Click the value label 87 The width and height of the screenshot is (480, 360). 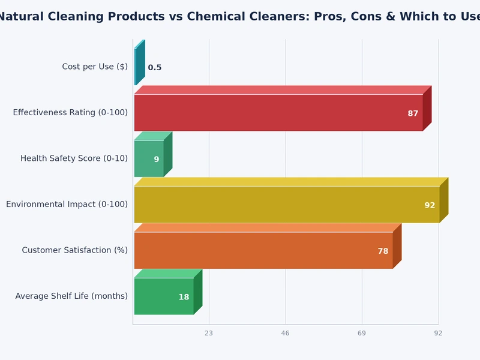(413, 113)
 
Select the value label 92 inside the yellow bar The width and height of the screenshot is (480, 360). (430, 205)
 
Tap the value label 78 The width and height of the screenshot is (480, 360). (383, 251)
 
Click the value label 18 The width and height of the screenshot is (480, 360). (184, 297)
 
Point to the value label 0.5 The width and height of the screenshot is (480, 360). (155, 68)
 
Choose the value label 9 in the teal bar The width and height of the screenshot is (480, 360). (157, 160)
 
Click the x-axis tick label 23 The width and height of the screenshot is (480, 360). (209, 333)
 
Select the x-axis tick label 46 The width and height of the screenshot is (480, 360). (286, 333)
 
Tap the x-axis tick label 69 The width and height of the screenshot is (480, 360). (362, 333)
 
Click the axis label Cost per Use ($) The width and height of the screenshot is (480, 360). (95, 67)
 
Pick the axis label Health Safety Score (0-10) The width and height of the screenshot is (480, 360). (74, 158)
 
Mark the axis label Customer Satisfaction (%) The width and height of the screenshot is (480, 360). (74, 250)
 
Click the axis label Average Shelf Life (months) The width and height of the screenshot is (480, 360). (71, 296)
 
